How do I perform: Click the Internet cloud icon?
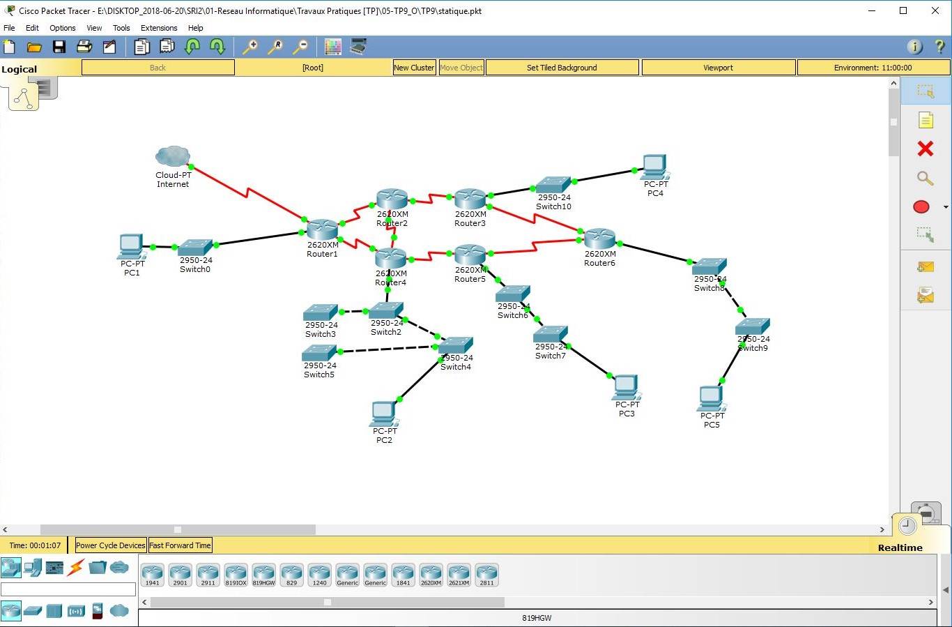coord(173,156)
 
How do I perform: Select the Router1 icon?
coord(322,229)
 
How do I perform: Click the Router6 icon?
coord(600,238)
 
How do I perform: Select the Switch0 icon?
coord(195,248)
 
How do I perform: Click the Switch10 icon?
coord(553,185)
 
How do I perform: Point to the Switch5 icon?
coord(319,353)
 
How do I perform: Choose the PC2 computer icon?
coord(384,414)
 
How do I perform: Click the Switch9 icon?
coord(753,326)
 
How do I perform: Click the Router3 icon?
coord(470,199)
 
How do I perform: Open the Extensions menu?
coord(159,28)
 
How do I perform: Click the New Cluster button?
coord(414,68)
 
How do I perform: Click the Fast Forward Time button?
coord(180,545)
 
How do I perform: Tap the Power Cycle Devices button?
coord(111,545)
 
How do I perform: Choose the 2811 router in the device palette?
coord(486,574)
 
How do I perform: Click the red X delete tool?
coord(925,149)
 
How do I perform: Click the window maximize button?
coord(903,10)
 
